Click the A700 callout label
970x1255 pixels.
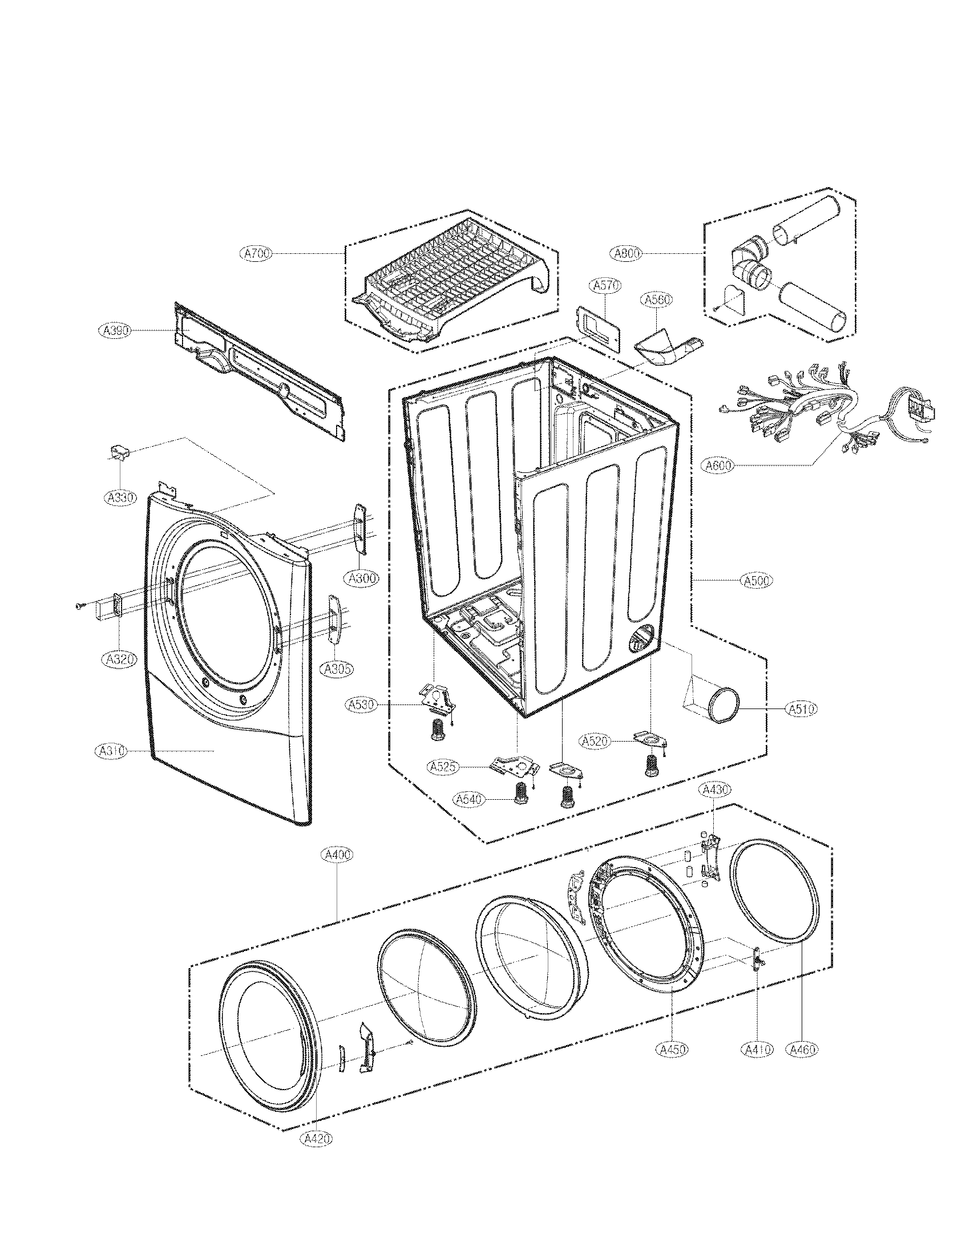(x=256, y=253)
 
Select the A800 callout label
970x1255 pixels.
(x=627, y=253)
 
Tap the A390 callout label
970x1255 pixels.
(x=115, y=330)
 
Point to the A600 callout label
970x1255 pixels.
(x=718, y=465)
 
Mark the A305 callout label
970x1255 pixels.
(x=337, y=669)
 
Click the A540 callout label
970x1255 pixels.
(x=469, y=799)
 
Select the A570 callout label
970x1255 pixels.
(x=604, y=285)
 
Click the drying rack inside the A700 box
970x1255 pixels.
(x=454, y=282)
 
